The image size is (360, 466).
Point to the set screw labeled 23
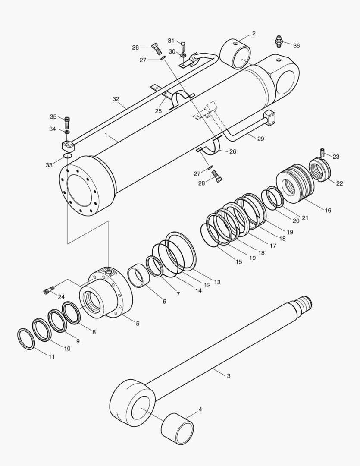click(x=322, y=152)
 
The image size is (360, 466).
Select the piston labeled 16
click(x=293, y=181)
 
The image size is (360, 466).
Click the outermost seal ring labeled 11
click(x=26, y=339)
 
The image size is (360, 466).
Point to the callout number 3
click(x=228, y=376)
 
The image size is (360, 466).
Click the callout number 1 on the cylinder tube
click(x=106, y=135)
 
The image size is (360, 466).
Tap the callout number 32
click(x=116, y=99)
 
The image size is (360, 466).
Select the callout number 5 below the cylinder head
click(x=138, y=323)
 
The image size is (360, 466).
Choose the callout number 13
click(x=217, y=282)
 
